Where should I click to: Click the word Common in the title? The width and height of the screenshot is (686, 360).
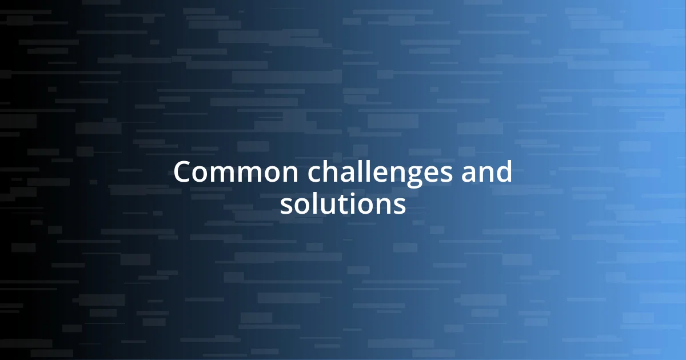tap(222, 172)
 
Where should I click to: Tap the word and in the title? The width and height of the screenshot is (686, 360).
tap(488, 172)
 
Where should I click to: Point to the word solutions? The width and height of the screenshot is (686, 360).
tap(343, 205)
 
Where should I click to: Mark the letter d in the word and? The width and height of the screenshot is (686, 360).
tap(504, 171)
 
